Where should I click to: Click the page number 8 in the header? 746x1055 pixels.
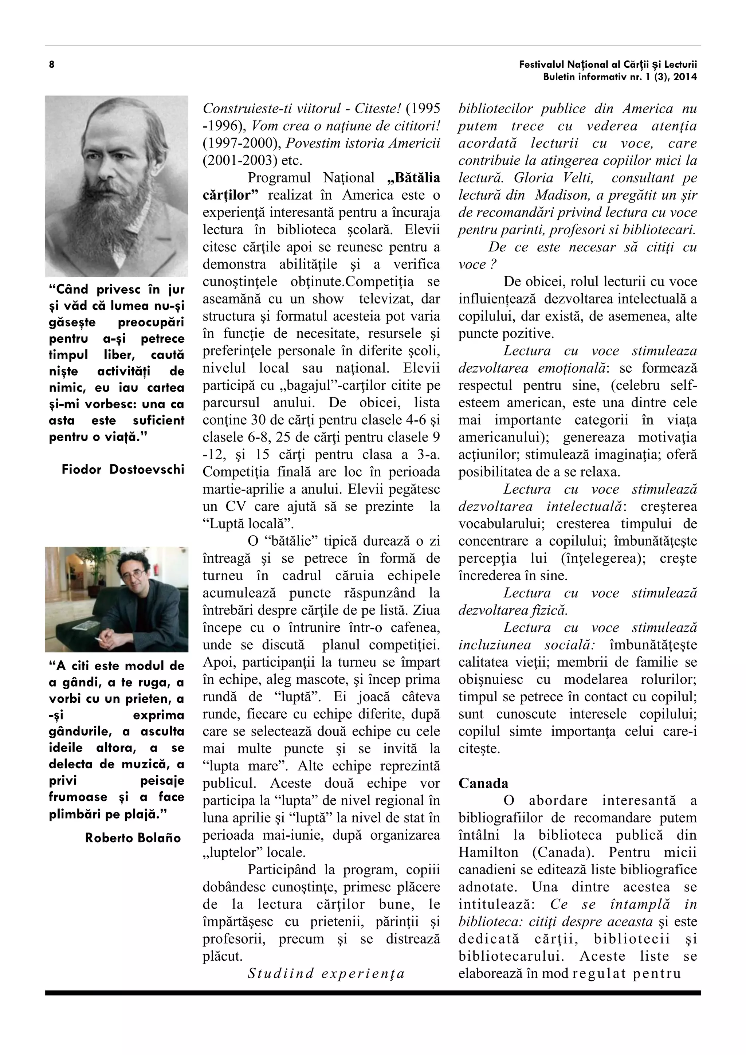(51, 65)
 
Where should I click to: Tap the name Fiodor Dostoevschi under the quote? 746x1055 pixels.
(123, 469)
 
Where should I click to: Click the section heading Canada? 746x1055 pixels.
(483, 784)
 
